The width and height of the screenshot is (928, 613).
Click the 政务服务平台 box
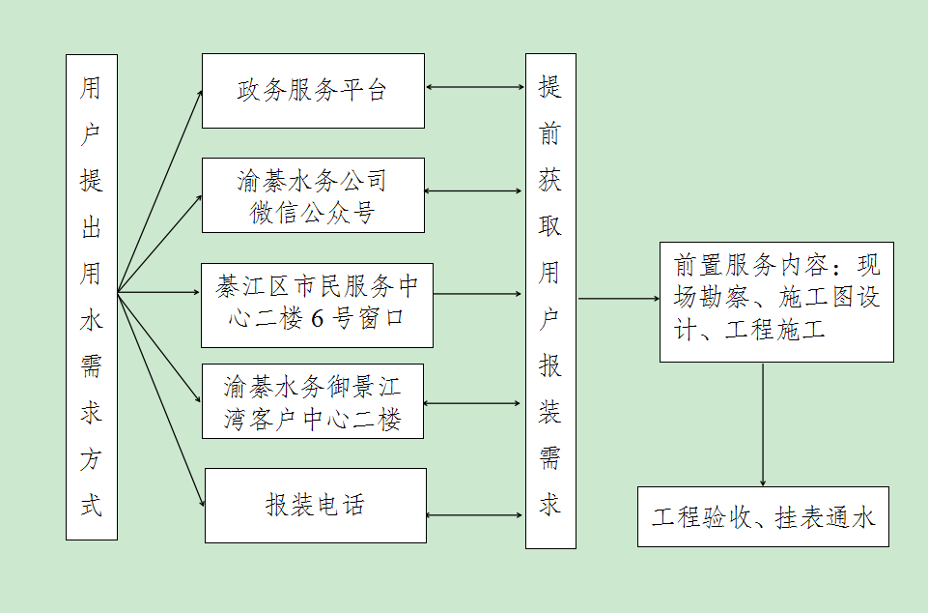[313, 91]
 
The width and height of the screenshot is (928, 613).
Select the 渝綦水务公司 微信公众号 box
[313, 195]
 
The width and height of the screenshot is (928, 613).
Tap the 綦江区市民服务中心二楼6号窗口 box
[317, 305]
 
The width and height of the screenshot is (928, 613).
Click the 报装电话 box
[315, 505]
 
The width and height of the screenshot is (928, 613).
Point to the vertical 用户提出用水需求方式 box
[92, 297]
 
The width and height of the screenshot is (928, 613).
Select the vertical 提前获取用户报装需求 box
[550, 301]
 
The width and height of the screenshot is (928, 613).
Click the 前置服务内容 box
[776, 302]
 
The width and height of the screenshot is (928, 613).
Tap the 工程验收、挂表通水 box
[763, 517]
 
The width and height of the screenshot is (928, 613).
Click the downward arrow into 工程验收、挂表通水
[763, 425]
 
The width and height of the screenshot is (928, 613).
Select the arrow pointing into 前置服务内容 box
[618, 299]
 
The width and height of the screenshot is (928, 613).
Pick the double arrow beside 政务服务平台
[474, 88]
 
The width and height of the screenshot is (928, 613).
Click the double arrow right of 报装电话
[475, 514]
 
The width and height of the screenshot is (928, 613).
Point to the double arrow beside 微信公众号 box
[474, 190]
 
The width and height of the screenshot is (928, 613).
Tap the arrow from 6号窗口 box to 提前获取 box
[479, 294]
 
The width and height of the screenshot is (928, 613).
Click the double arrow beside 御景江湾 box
[474, 403]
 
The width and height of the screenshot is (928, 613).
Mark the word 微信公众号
[312, 212]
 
